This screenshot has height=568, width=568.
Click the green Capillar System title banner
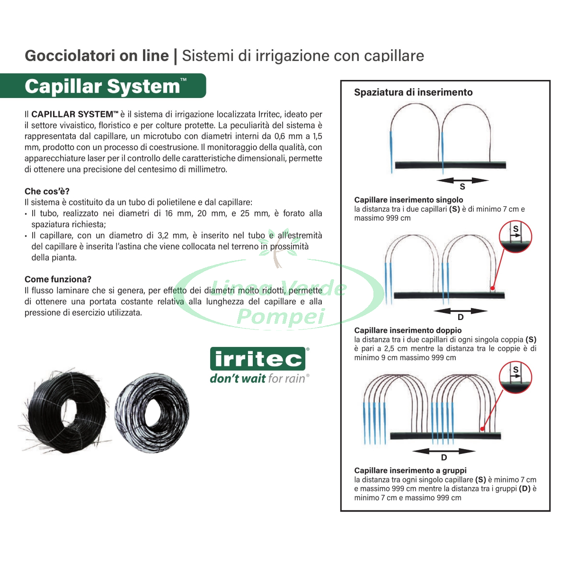tap(103, 86)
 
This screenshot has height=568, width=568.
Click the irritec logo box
tap(257, 359)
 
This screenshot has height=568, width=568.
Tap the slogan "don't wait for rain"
tap(259, 379)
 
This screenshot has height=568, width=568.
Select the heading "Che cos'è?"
tap(47, 191)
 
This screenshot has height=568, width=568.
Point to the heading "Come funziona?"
tap(58, 279)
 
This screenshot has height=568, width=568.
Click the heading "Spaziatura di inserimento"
tap(413, 92)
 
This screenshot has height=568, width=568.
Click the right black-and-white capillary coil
tap(152, 413)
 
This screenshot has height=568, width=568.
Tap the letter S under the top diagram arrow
tap(462, 186)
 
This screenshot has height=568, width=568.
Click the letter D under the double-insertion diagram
tap(461, 317)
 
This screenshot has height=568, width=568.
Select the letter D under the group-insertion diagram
tap(444, 457)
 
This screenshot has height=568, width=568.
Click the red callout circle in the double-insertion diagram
tap(515, 236)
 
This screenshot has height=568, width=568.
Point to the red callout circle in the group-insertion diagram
tap(515, 377)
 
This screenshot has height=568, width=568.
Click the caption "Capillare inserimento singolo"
tap(408, 200)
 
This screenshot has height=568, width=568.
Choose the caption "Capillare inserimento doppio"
tap(408, 330)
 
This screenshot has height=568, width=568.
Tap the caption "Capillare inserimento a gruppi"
tap(410, 470)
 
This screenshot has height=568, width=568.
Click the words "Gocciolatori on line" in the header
tap(97, 56)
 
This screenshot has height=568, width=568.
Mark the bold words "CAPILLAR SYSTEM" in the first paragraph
tap(72, 114)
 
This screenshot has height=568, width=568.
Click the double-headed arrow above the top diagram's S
tap(462, 180)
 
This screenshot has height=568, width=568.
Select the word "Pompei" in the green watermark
tap(281, 316)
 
